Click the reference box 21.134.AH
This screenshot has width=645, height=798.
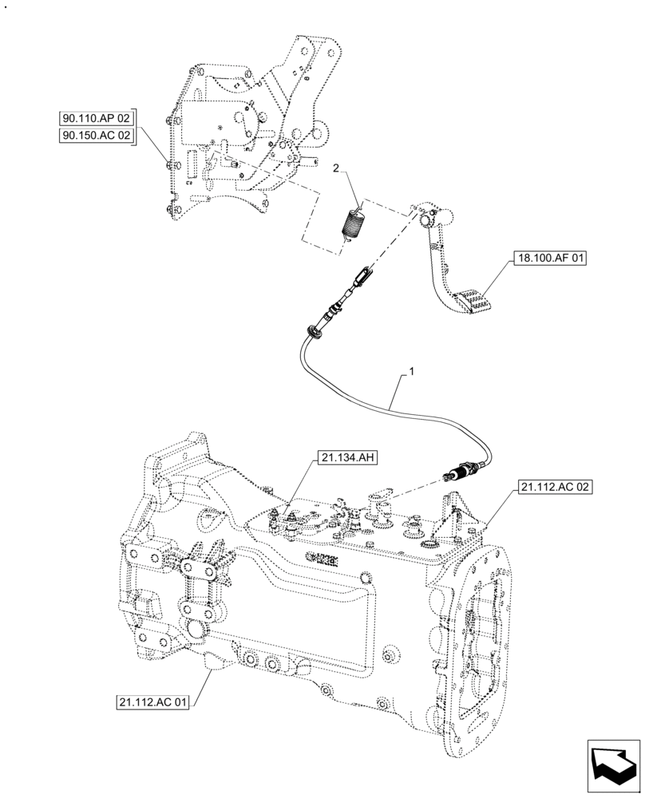point(347,457)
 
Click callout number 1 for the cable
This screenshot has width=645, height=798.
point(410,372)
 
